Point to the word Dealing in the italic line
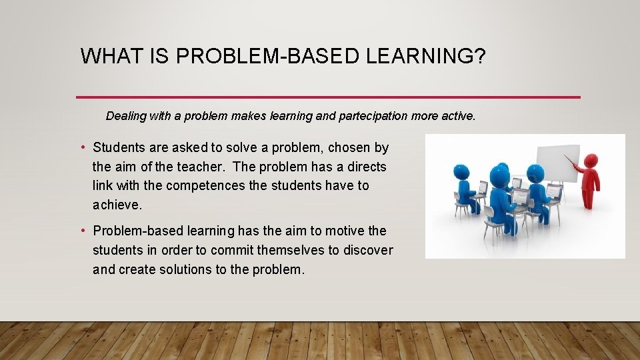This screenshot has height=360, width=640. coord(126,116)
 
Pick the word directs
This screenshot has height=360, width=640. coord(367,167)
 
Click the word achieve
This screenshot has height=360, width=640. coord(117,205)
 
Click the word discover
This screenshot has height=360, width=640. coord(367,250)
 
